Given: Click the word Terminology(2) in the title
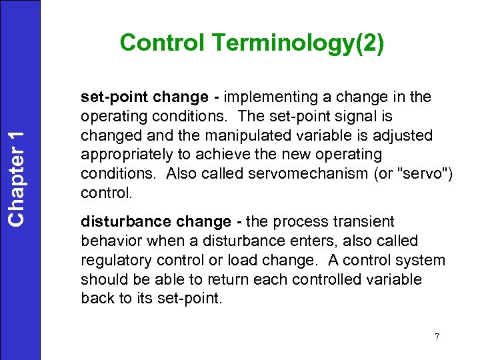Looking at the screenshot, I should click(x=298, y=43).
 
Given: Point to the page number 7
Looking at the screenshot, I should click(x=437, y=336).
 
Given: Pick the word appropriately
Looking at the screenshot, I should click(x=125, y=155).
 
